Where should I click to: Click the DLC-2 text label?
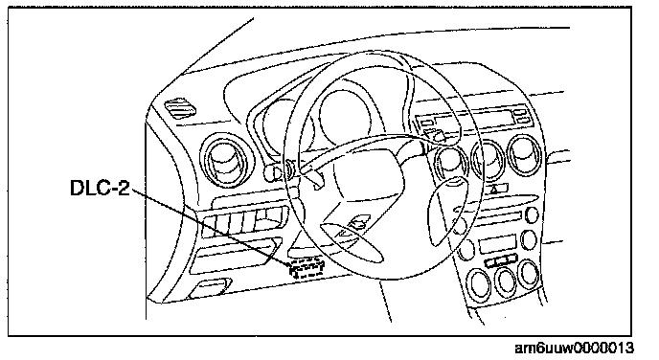(100, 188)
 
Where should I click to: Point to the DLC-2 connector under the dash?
(307, 269)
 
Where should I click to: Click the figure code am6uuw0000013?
(574, 349)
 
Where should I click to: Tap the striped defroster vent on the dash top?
(180, 108)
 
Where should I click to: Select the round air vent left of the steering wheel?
(226, 160)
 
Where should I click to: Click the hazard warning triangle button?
(494, 189)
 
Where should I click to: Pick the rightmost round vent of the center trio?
(526, 154)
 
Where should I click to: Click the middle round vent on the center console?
(488, 159)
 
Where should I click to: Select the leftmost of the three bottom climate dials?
(479, 283)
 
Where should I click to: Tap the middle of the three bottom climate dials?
(506, 281)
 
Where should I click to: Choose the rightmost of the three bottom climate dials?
(529, 274)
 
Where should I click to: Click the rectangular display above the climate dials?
(498, 243)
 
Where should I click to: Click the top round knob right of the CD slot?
(532, 214)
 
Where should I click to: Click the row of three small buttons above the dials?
(501, 260)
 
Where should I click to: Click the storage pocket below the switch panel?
(236, 256)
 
